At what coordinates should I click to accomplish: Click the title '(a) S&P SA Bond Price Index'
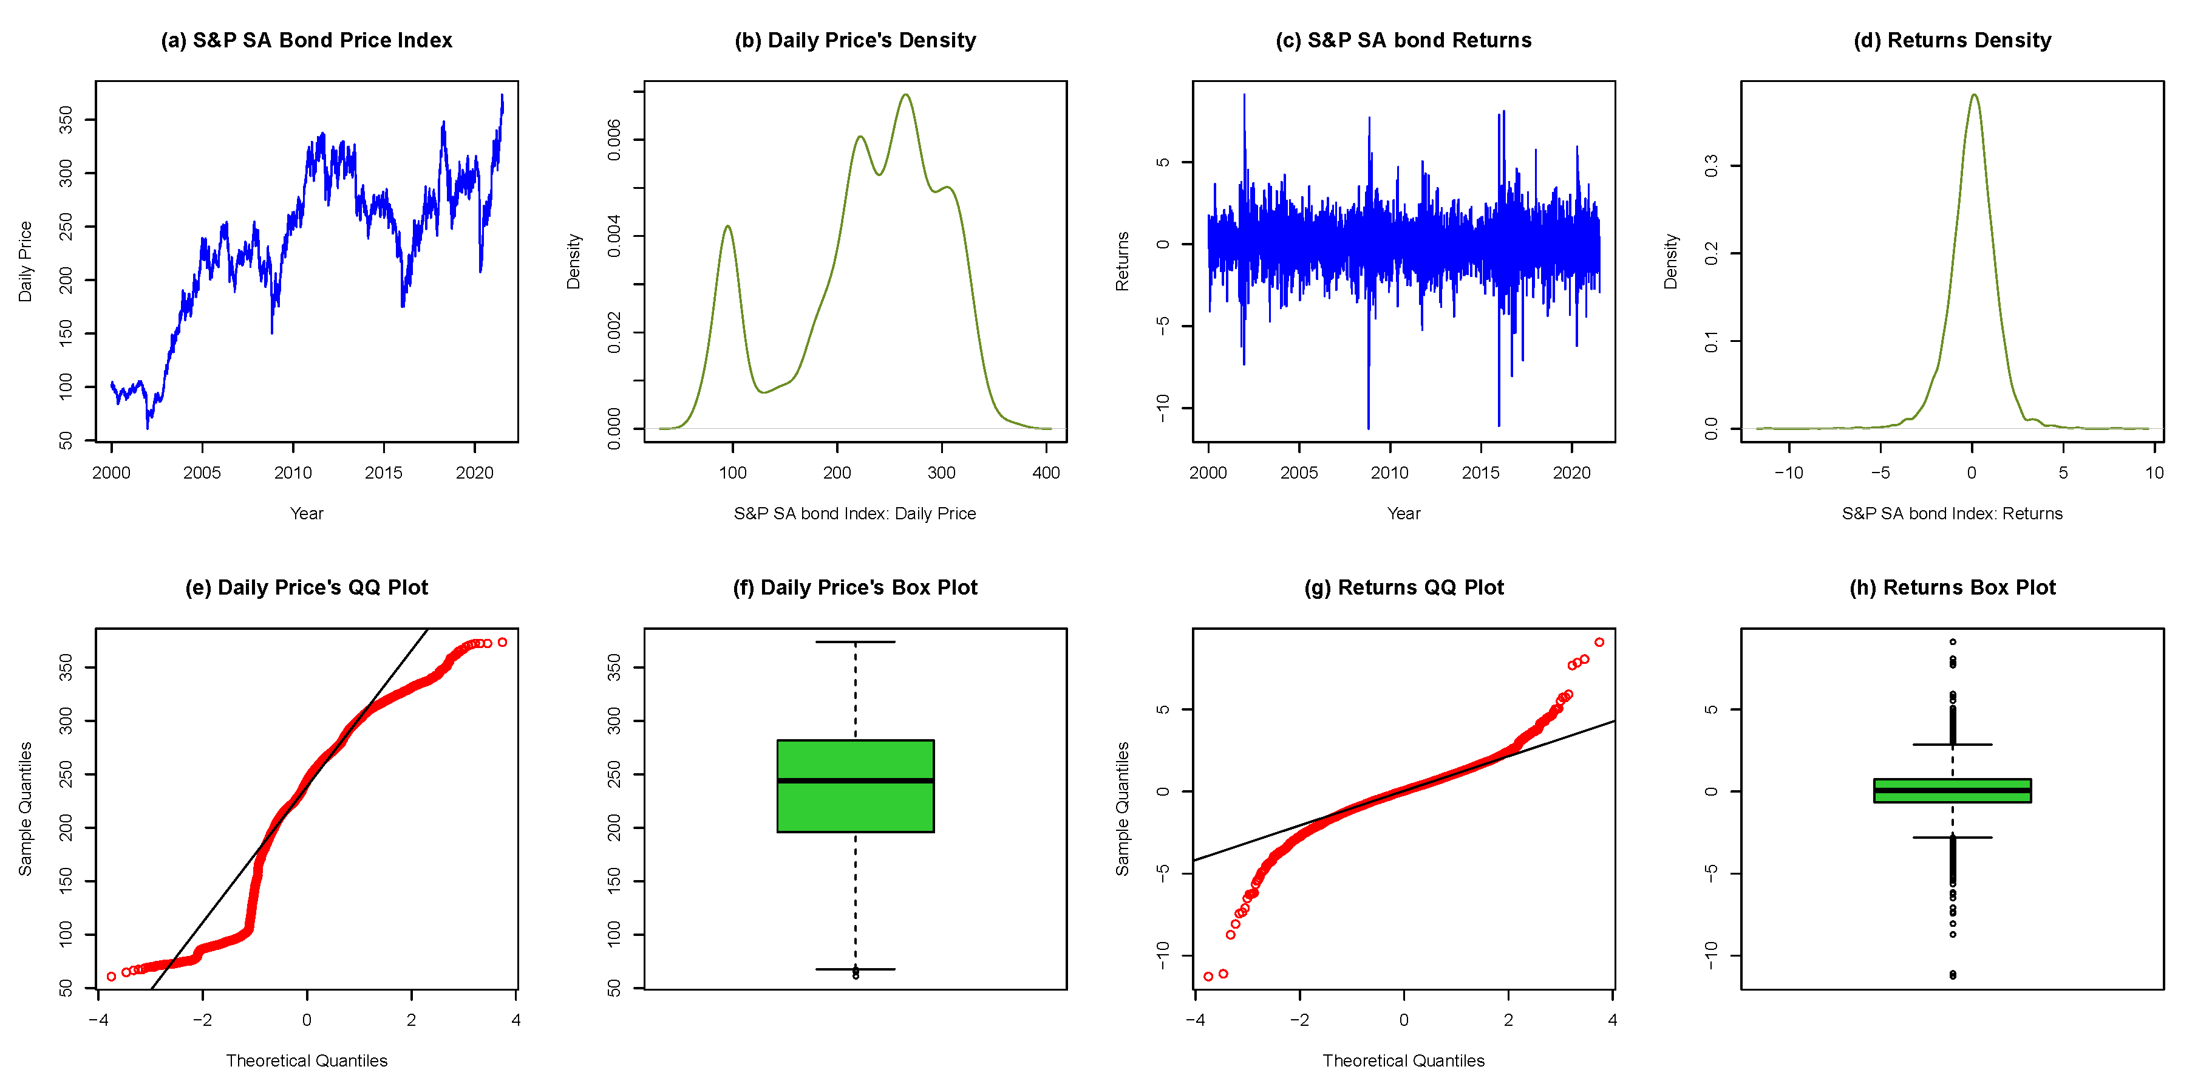tap(306, 40)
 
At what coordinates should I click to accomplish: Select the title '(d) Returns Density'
tap(1952, 40)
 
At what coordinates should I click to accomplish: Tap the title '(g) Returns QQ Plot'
tap(1403, 587)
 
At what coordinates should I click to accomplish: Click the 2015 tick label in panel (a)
tap(384, 473)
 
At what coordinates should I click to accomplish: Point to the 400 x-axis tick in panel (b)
tap(1046, 473)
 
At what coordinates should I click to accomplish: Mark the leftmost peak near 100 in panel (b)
tap(727, 227)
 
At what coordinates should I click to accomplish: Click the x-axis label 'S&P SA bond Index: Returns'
tap(1952, 513)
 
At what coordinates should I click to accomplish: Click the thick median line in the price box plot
tap(855, 780)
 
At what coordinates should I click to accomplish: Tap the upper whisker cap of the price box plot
tap(855, 641)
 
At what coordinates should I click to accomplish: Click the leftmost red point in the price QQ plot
tap(112, 977)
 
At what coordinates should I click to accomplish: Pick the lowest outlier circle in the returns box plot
tap(1952, 975)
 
